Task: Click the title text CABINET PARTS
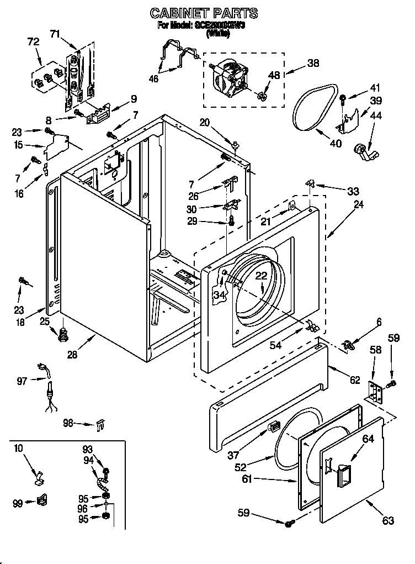click(204, 13)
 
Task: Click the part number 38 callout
click(313, 64)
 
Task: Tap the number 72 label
click(33, 42)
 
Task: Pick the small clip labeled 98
click(99, 425)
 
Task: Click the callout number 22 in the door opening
click(261, 277)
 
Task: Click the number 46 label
click(153, 79)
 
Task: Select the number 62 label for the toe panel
click(354, 380)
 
